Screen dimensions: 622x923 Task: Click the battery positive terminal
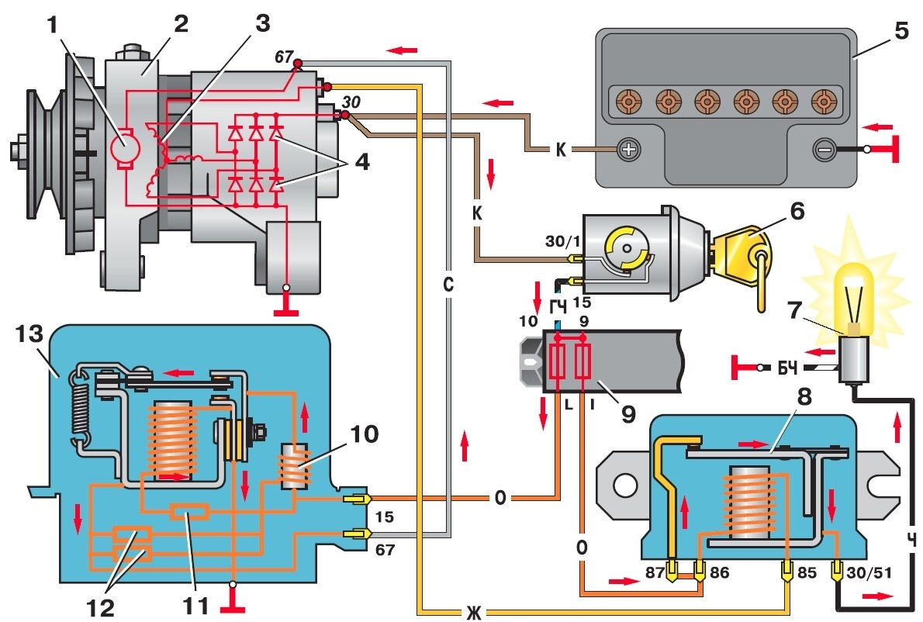point(629,148)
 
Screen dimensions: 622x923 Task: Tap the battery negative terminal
point(824,148)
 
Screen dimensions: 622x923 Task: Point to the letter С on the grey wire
point(448,285)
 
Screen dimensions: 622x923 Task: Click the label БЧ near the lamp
point(788,366)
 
